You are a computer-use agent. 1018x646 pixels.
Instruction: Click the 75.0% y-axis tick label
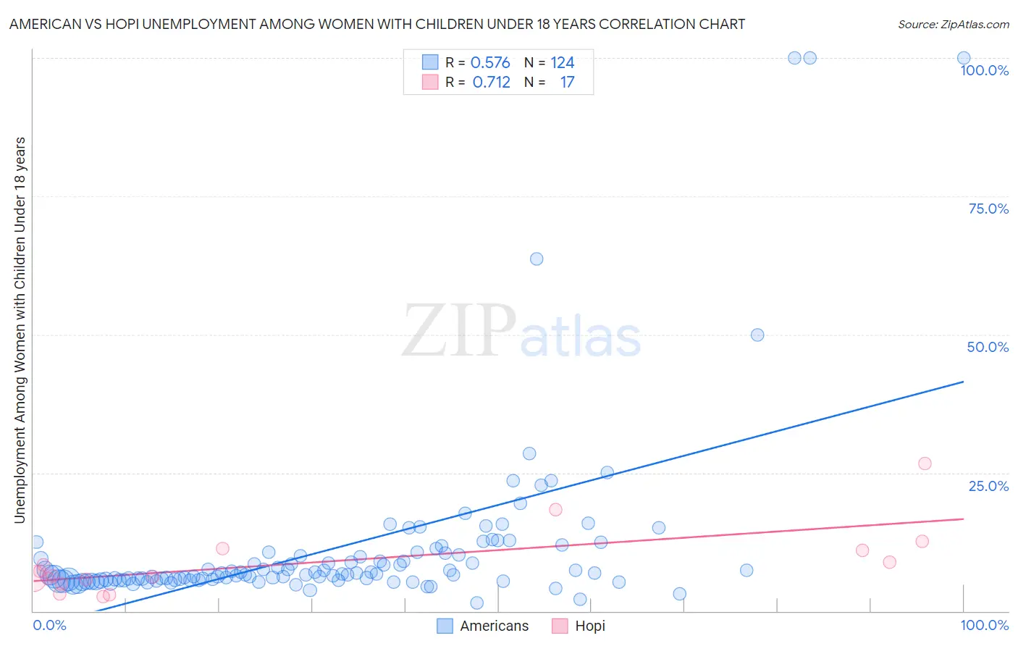tap(988, 209)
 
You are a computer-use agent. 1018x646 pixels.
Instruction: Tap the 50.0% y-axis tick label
tap(988, 347)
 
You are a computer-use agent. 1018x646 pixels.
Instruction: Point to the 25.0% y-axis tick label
tap(988, 486)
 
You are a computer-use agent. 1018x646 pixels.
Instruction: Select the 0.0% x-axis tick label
tap(49, 625)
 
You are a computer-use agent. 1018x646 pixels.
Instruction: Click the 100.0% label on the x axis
tap(984, 625)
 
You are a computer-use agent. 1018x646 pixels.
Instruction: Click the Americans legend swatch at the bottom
tap(445, 626)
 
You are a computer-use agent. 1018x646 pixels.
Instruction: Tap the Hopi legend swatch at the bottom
tap(560, 626)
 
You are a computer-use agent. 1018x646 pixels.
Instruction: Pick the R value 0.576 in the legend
tap(490, 63)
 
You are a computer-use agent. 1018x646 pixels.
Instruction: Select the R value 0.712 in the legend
tap(491, 83)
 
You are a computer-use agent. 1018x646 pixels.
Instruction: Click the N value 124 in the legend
tap(562, 63)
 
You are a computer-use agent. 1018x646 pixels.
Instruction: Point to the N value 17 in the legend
tap(567, 83)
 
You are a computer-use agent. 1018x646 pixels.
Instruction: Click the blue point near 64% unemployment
tap(537, 259)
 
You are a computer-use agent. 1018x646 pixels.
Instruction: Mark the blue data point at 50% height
tap(757, 335)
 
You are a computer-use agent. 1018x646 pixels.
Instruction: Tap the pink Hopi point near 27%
tap(925, 463)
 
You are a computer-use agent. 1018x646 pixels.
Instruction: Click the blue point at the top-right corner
tap(964, 58)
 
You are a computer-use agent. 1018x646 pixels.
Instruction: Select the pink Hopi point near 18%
tap(555, 509)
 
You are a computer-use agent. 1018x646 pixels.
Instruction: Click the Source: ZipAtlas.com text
tap(953, 25)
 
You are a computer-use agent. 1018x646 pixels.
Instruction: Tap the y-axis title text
tap(20, 330)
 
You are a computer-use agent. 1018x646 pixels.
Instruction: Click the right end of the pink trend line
tap(963, 519)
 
